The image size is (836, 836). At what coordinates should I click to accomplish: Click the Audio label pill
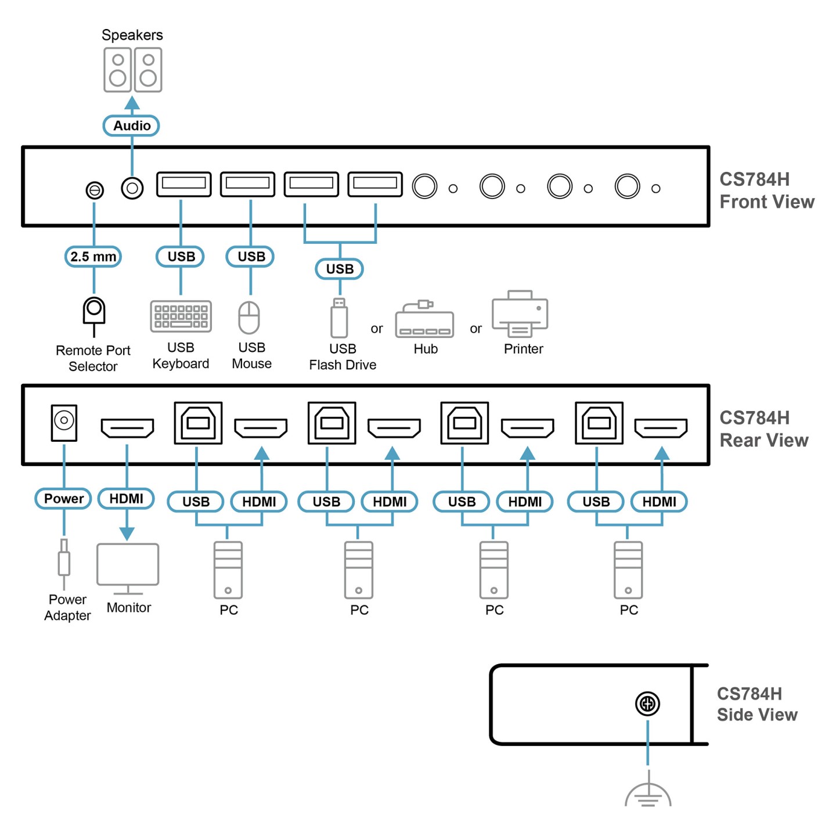(131, 125)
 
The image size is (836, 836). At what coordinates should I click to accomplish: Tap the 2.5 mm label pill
(93, 257)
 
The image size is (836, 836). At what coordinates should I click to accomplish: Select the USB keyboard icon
(181, 316)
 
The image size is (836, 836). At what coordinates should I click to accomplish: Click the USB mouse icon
(250, 318)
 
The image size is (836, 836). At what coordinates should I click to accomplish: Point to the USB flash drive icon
(339, 318)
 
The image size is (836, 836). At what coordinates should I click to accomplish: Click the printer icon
(520, 314)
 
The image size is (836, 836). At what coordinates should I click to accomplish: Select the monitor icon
(128, 568)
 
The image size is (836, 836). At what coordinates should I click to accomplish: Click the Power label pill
(63, 499)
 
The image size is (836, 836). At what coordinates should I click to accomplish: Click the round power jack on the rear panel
(64, 420)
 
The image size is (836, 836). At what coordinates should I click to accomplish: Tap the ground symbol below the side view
(648, 794)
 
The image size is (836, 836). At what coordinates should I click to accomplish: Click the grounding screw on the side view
(647, 704)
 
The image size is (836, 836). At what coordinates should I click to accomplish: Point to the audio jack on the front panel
(132, 188)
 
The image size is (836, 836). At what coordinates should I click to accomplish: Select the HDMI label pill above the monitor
(126, 499)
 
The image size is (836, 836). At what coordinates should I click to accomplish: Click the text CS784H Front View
(766, 190)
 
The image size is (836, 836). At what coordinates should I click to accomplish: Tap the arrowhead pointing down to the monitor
(127, 534)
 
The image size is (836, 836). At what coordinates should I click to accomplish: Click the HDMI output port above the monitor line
(127, 428)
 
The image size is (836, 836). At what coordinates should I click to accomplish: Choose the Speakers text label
(132, 35)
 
